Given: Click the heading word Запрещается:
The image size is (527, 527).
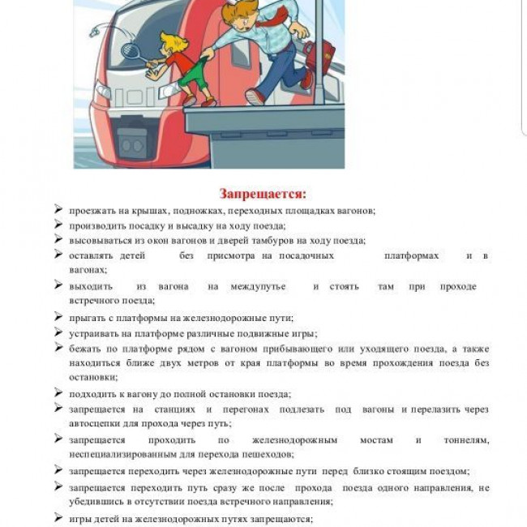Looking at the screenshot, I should [x=263, y=194].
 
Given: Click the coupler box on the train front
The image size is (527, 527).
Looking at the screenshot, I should [x=131, y=144].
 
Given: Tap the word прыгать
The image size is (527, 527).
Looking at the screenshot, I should [x=90, y=318].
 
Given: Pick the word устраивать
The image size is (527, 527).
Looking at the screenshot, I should [x=95, y=333].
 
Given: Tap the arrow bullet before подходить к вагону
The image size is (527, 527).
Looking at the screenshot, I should [x=58, y=393].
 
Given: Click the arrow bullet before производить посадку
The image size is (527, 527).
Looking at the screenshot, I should [x=58, y=225].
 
